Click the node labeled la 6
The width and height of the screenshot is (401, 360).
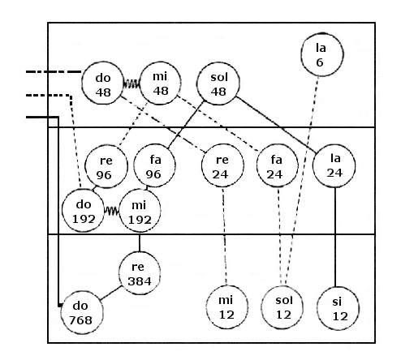point(322,55)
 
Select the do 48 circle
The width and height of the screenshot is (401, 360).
point(103,84)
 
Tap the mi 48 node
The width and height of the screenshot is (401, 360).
point(160,84)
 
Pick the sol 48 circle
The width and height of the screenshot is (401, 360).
point(218,84)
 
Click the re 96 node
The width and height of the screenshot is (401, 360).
point(106,166)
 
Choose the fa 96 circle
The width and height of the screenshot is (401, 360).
point(154,165)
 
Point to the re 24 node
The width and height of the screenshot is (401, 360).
point(222,165)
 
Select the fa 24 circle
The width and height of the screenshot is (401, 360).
point(278,165)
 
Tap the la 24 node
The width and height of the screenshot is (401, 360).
point(334,165)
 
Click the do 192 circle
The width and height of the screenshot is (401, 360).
point(83,210)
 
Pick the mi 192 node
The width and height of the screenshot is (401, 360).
point(140,210)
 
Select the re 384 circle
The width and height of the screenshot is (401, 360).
point(140,273)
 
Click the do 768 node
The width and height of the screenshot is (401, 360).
point(82,312)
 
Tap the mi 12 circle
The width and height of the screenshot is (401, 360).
point(226,307)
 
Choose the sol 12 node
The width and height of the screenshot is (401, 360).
point(282,307)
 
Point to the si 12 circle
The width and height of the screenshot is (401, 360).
point(338,308)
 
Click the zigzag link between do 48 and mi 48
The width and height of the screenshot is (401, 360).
point(132,84)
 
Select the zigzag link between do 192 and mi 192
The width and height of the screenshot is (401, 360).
point(111,211)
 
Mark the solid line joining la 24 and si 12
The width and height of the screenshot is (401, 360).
point(335,237)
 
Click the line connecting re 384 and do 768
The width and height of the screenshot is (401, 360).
point(111,293)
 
